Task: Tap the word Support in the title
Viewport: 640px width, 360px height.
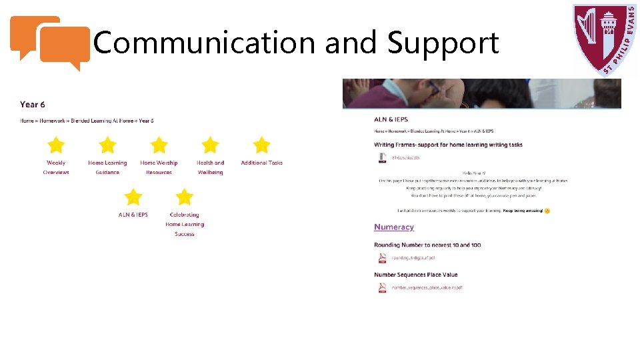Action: point(443,44)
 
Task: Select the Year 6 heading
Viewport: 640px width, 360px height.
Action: point(33,104)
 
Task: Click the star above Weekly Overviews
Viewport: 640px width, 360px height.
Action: point(56,145)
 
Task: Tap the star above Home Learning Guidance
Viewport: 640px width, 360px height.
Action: point(107,145)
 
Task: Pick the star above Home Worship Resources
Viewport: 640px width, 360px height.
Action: point(159,145)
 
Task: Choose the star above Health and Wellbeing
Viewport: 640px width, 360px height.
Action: point(210,145)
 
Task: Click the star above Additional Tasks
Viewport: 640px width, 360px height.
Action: point(261,145)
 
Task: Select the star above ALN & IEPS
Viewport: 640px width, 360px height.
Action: point(133,197)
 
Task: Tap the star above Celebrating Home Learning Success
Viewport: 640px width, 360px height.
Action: point(184,197)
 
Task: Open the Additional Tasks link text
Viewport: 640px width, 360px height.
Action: point(261,163)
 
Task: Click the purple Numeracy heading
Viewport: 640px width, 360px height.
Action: point(394,227)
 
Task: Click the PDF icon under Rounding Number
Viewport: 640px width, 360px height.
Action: point(382,257)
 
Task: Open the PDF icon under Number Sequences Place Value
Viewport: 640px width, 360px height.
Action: point(382,288)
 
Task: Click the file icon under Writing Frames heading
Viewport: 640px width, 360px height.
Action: point(382,157)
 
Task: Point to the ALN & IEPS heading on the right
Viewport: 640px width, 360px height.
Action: point(391,119)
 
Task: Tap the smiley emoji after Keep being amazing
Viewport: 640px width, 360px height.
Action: point(547,211)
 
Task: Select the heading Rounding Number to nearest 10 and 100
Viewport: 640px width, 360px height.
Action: point(427,245)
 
